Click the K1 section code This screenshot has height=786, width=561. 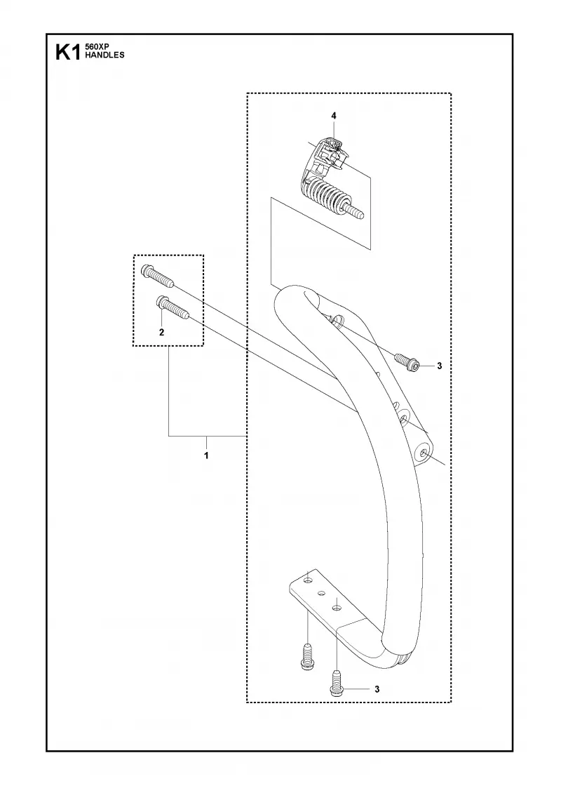click(x=67, y=52)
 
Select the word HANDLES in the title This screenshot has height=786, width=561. click(x=104, y=55)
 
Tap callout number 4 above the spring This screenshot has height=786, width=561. click(x=334, y=116)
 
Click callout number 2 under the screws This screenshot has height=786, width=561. click(x=161, y=333)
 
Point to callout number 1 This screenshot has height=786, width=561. click(x=206, y=455)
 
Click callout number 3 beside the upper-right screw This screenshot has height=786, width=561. click(x=439, y=366)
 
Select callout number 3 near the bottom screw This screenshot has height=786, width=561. click(x=377, y=689)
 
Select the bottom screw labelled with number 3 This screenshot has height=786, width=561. click(x=337, y=683)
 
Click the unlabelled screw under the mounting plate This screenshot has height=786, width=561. click(x=306, y=656)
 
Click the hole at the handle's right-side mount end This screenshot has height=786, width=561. click(x=424, y=453)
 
